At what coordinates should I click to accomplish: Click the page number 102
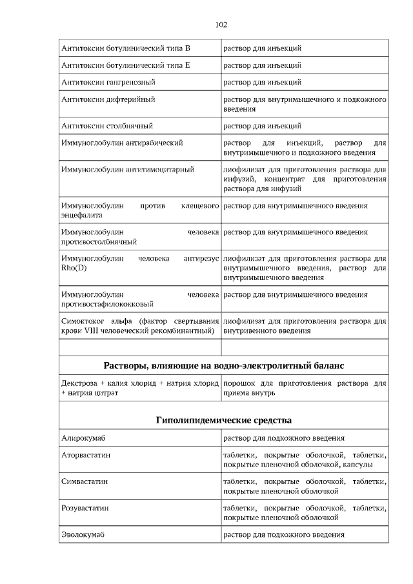pyautogui.click(x=221, y=25)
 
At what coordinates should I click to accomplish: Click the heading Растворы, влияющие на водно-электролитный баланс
pyautogui.click(x=224, y=366)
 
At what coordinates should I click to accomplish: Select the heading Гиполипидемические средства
pyautogui.click(x=224, y=420)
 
